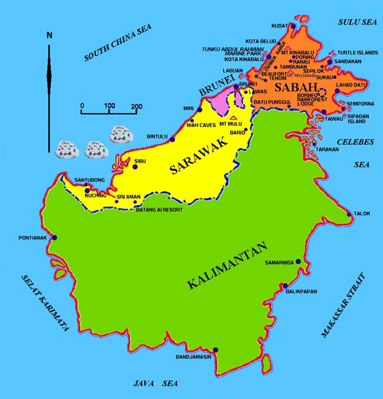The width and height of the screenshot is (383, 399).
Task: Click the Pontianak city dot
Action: pyautogui.click(x=55, y=238)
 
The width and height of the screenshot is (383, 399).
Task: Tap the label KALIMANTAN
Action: pyautogui.click(x=227, y=265)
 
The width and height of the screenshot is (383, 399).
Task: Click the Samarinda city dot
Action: pyautogui.click(x=298, y=262)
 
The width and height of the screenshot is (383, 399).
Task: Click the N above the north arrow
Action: pyautogui.click(x=49, y=35)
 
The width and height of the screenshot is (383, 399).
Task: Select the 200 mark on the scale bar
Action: pyautogui.click(x=137, y=106)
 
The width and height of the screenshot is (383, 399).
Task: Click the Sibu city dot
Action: pyautogui.click(x=136, y=167)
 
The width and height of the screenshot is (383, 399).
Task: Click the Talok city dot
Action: pyautogui.click(x=349, y=214)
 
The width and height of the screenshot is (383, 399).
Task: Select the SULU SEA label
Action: pyautogui.click(x=356, y=22)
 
